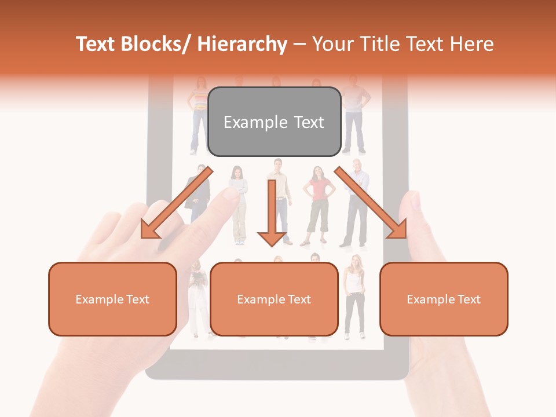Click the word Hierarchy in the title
[x=242, y=44]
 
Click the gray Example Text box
[x=274, y=122]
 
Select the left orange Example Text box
[x=112, y=299]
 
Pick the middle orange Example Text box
[x=274, y=299]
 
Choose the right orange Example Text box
[x=444, y=299]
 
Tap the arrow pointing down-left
[x=174, y=206]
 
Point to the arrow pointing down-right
[x=374, y=206]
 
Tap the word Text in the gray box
[x=307, y=122]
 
